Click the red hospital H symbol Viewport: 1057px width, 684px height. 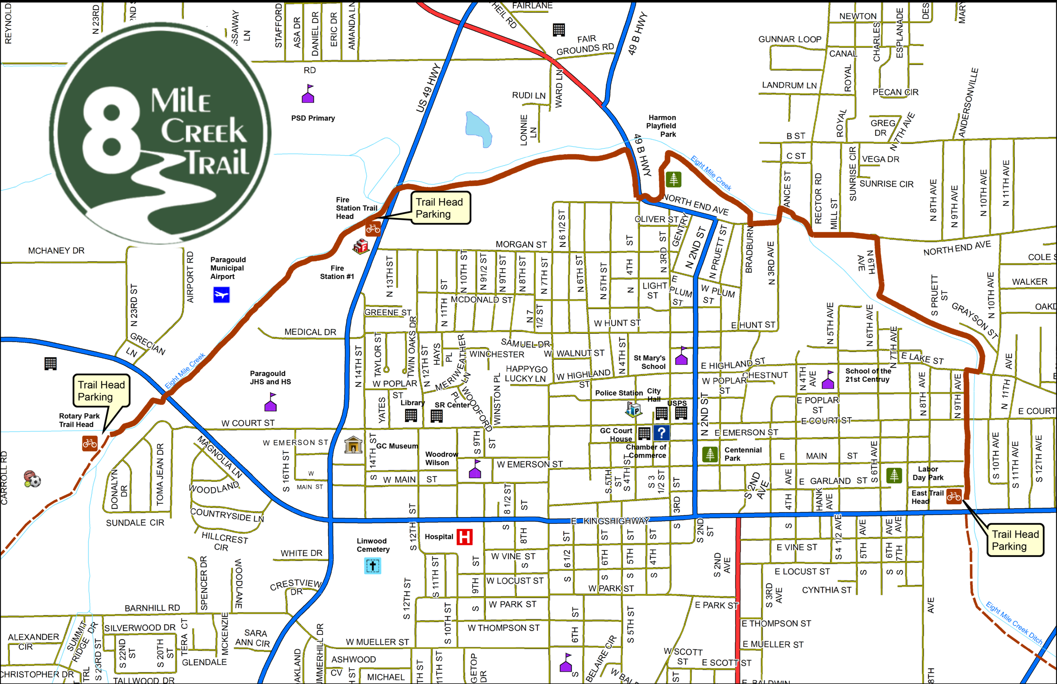coord(464,536)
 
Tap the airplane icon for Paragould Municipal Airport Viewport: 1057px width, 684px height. coord(221,295)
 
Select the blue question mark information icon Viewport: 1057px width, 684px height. coord(661,433)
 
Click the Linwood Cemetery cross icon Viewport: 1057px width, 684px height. coord(372,566)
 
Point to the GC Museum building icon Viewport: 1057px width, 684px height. coord(353,444)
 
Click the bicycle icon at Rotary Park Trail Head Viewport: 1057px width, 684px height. coord(90,443)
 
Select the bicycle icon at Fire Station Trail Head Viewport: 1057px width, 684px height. coord(373,229)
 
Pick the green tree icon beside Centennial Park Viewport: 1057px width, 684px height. coord(710,454)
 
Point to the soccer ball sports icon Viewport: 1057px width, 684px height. coord(33,479)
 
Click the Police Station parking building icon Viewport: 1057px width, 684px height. coord(633,409)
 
